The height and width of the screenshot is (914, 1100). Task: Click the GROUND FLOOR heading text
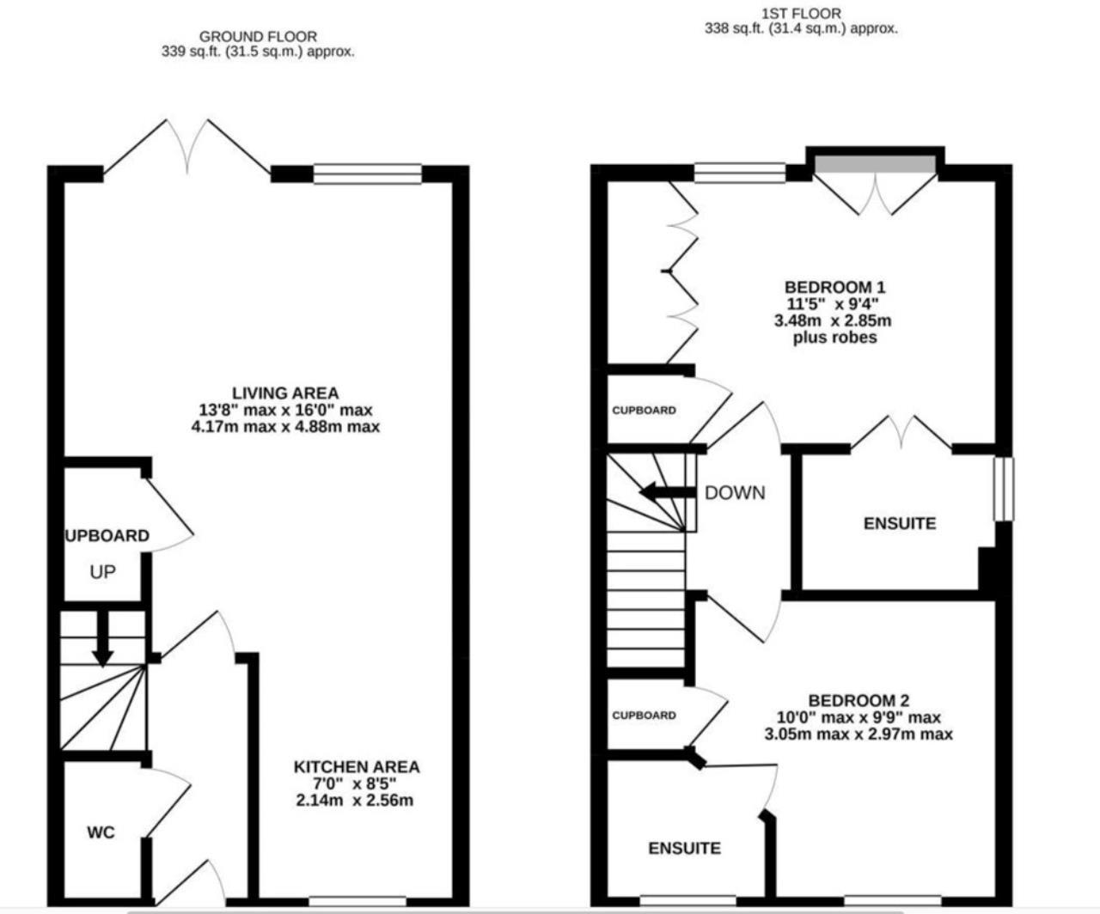pos(258,37)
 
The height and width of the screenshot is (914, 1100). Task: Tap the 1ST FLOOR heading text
pos(801,14)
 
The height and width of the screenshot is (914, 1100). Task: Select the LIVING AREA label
pos(285,393)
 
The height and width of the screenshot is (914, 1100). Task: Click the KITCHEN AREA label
pos(357,767)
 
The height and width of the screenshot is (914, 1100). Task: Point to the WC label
pos(101,832)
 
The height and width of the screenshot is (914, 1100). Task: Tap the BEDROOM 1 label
pos(834,287)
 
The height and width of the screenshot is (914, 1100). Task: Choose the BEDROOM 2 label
pos(859,701)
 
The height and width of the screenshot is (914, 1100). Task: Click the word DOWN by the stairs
pos(735,493)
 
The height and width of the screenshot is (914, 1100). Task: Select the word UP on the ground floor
pos(102,572)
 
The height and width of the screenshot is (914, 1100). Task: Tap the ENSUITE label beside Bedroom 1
pos(900,523)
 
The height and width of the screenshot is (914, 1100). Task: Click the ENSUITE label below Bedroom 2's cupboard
pos(685,849)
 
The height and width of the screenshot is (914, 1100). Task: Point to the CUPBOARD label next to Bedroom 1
pos(644,411)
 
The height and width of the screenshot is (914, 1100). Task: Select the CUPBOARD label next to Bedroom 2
pos(644,716)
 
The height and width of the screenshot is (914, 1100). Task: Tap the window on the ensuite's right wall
pos(1003,489)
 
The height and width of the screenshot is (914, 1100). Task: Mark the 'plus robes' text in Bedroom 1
pos(834,338)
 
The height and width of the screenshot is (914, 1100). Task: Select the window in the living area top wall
pos(368,174)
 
